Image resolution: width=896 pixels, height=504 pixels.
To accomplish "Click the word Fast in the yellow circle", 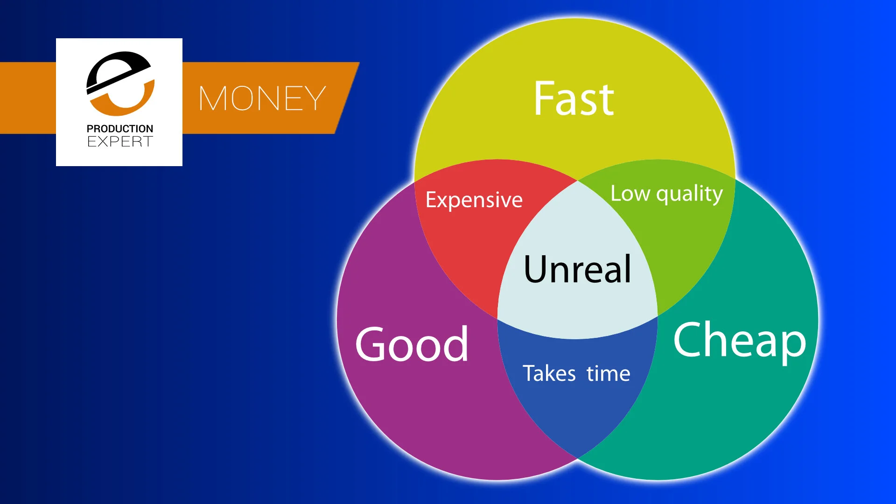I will coord(574,98).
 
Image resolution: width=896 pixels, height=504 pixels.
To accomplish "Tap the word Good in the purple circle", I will coord(411,345).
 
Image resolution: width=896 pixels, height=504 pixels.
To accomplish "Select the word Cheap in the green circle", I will coord(740,341).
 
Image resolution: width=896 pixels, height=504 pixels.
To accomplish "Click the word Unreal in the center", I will coord(577,269).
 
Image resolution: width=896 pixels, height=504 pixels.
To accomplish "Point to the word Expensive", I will coord(474,200).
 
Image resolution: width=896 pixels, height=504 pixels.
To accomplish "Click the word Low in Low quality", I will coord(630,193).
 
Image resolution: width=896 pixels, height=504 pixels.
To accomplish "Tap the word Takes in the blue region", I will coord(549,374).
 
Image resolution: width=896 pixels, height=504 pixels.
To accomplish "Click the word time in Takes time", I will coord(608,374).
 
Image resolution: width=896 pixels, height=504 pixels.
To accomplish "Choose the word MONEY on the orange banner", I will coord(262,98).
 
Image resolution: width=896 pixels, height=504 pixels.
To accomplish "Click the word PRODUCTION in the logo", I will coord(120,129).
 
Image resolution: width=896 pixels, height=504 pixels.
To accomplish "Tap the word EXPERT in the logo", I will coord(120,141).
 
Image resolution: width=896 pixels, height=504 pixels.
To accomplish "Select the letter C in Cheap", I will coord(689,339).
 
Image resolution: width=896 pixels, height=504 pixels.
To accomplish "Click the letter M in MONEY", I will coord(212,98).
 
